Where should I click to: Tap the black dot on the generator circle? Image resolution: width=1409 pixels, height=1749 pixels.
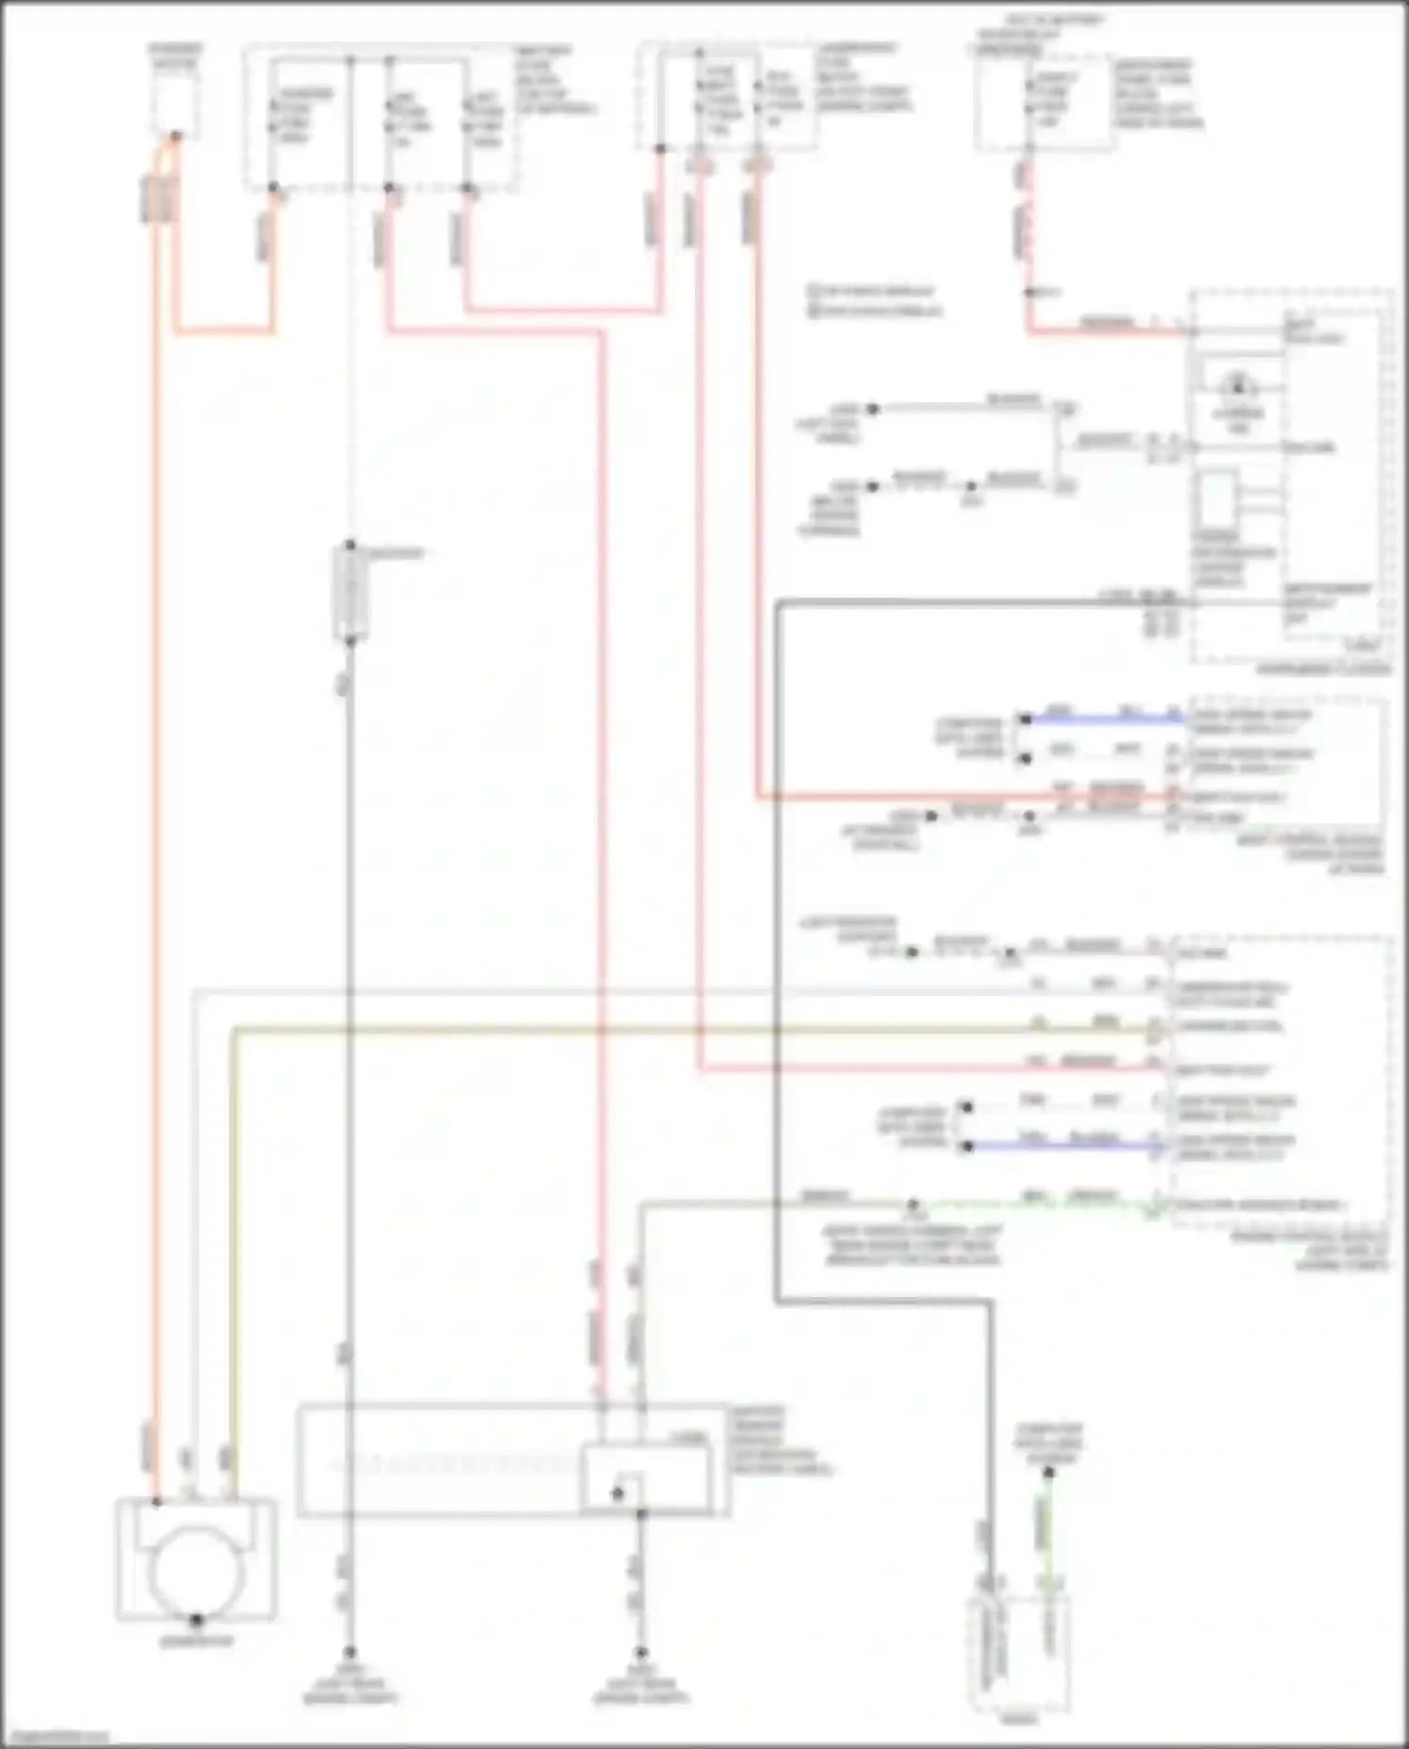[196, 1619]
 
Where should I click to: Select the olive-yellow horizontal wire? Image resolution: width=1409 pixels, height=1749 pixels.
[658, 1030]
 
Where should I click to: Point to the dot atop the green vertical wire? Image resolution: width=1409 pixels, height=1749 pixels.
[1049, 1472]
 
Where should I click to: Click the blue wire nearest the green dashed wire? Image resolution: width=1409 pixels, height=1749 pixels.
[1061, 1146]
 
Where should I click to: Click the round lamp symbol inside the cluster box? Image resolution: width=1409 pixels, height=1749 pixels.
[1237, 384]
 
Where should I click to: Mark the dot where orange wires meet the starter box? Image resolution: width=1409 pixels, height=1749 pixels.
[175, 136]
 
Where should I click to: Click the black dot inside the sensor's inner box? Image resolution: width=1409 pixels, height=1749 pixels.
[617, 1492]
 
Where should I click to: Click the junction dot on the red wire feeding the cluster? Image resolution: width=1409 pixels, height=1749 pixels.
[1030, 292]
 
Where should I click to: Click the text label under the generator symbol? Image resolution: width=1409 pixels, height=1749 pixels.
[196, 1641]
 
